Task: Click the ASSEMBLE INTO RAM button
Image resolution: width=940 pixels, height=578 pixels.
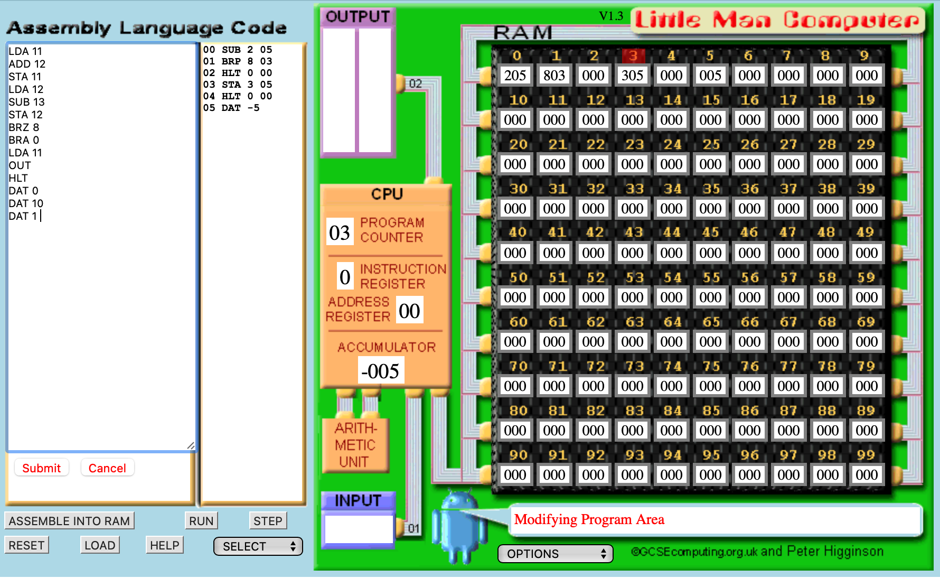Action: click(69, 521)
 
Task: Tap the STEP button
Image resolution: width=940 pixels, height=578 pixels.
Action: click(268, 521)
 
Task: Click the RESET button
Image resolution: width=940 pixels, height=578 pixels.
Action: click(26, 545)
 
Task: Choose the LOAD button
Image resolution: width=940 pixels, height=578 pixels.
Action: click(100, 545)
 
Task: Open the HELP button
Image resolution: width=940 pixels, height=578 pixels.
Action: click(165, 545)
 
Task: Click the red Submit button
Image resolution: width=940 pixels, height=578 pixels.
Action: click(41, 468)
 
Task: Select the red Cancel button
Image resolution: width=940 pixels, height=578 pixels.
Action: click(107, 468)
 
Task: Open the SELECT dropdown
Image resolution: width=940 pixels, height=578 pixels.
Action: click(258, 546)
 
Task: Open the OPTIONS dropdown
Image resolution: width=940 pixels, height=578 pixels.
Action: click(556, 554)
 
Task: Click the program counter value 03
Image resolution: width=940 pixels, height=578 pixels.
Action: click(340, 232)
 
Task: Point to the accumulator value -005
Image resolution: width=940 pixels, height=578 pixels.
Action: click(381, 371)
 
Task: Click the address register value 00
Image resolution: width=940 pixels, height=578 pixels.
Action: click(409, 311)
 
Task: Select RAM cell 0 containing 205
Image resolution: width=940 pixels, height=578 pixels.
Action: click(515, 76)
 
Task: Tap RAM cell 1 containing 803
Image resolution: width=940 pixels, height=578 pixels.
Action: click(554, 76)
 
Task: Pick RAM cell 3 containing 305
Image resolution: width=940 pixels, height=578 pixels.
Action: click(632, 76)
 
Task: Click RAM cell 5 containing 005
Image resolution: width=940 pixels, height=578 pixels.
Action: click(710, 76)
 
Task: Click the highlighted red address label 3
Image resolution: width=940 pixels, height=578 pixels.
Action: click(633, 55)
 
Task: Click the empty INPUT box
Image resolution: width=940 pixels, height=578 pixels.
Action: click(359, 529)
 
